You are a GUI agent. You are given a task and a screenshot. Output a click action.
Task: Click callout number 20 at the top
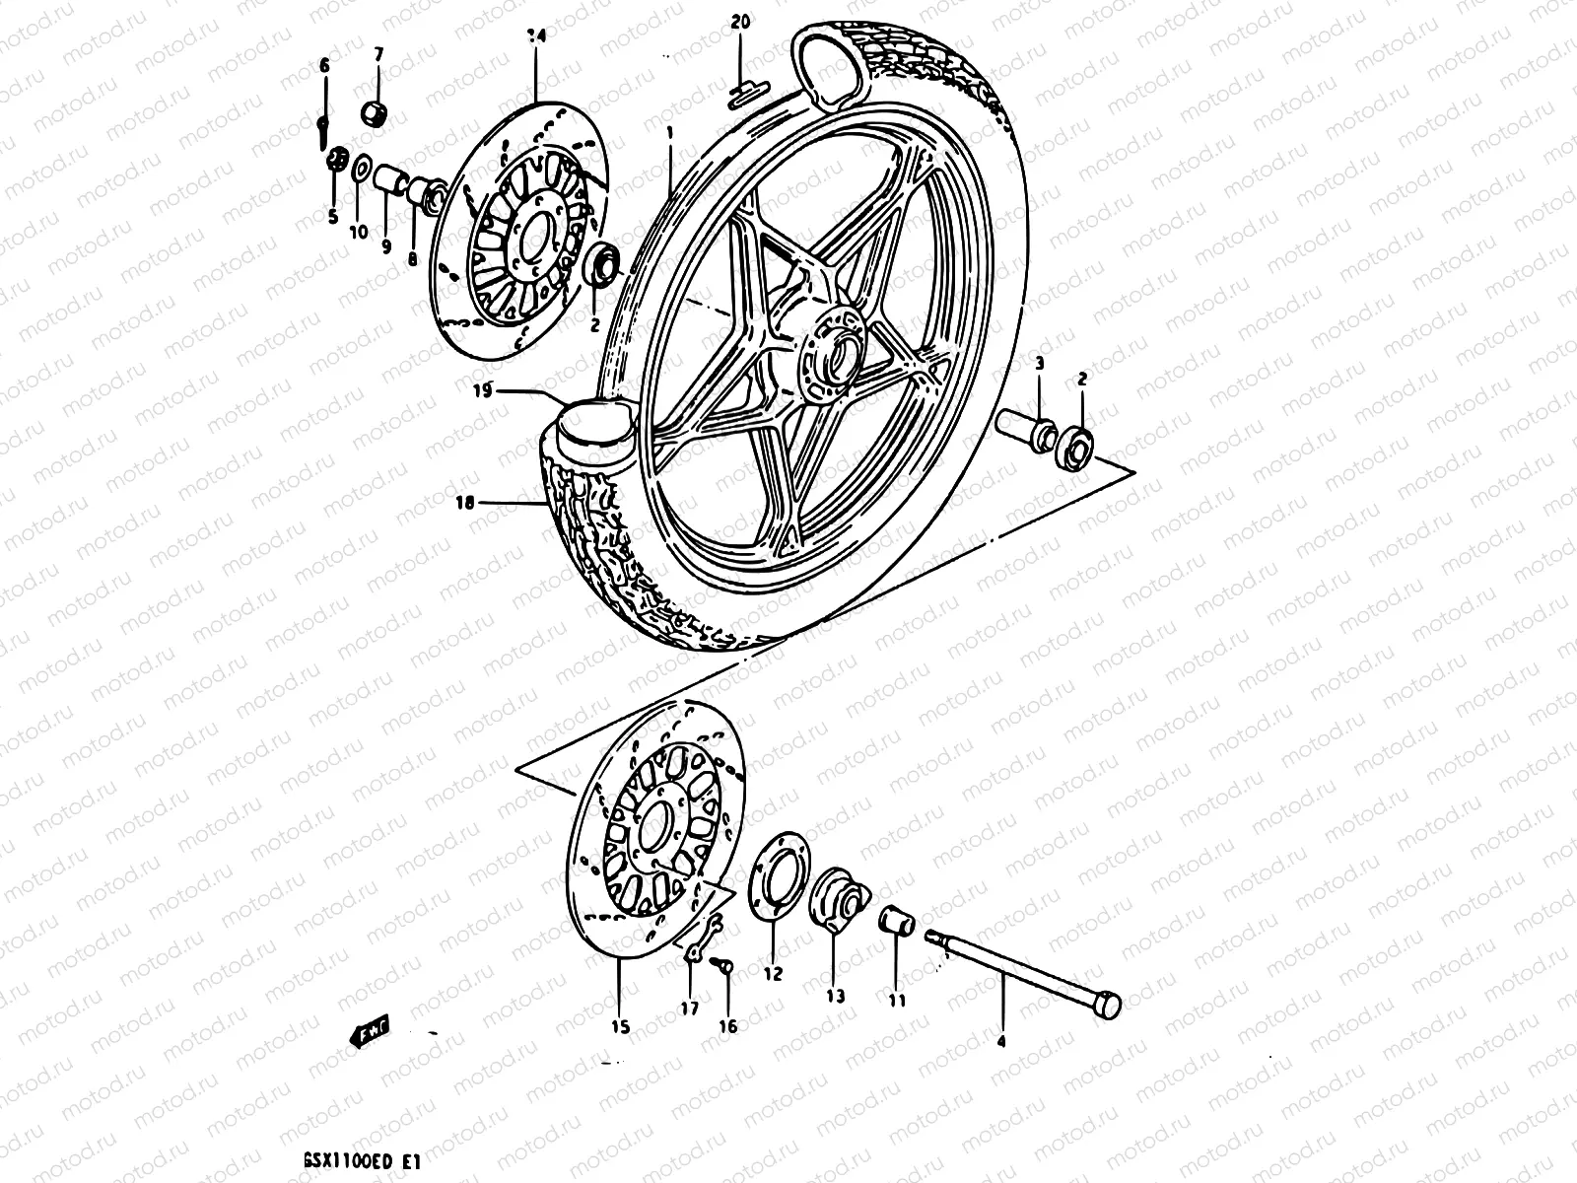click(x=741, y=21)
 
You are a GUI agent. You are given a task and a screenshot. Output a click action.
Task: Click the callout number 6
click(x=323, y=65)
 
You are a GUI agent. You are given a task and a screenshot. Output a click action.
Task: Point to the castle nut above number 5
click(x=336, y=160)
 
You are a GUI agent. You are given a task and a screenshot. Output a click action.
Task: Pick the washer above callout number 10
click(x=362, y=169)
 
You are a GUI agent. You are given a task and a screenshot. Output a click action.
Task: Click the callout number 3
click(x=1039, y=365)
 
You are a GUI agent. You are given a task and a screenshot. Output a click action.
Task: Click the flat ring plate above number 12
click(x=775, y=876)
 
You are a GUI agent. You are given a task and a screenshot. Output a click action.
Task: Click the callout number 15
click(x=619, y=1027)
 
